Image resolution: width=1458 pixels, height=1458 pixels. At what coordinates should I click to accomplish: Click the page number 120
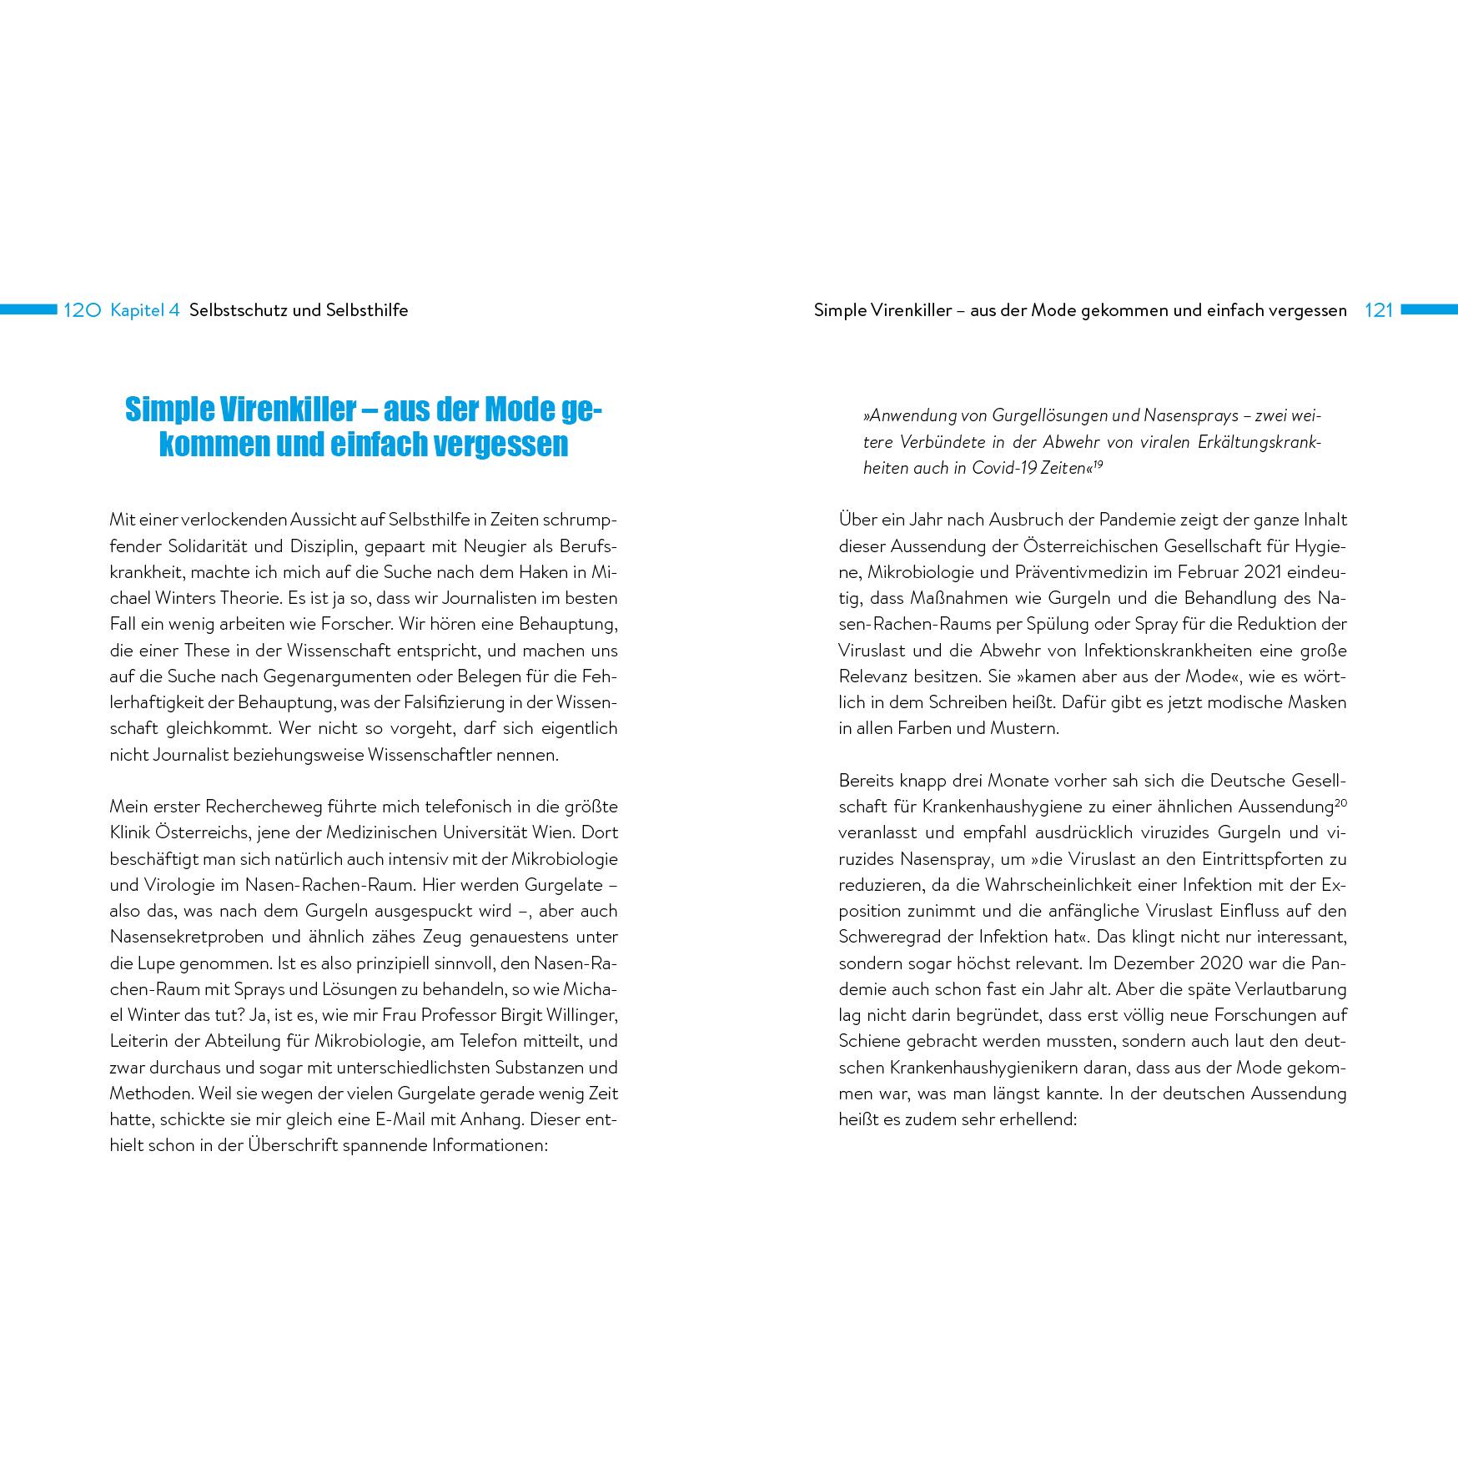point(82,310)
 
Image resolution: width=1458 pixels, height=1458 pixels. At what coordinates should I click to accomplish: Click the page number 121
point(1379,310)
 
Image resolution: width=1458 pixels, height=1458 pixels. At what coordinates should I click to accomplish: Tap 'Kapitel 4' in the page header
point(145,310)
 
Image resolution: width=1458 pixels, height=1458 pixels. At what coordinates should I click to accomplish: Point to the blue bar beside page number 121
point(1429,309)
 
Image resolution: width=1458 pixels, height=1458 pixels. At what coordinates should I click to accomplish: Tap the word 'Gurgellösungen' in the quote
point(1037,415)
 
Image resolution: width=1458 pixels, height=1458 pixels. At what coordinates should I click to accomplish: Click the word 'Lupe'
point(158,963)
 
